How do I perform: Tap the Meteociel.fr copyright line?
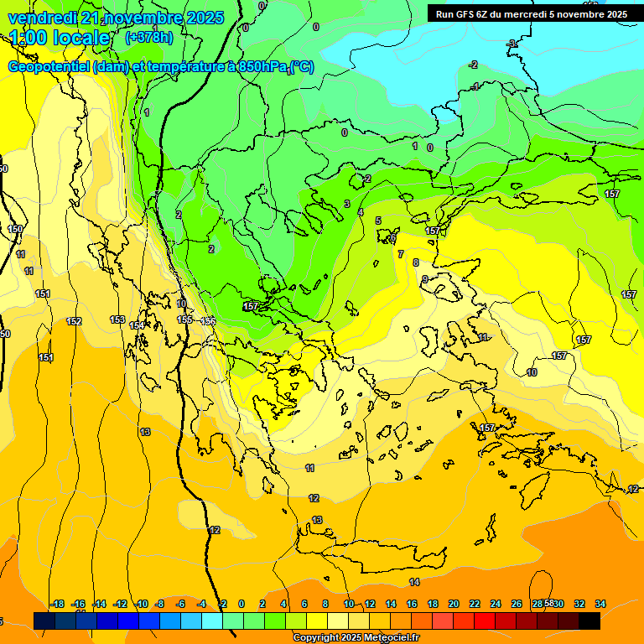[x=356, y=638]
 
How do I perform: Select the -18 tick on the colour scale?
[x=57, y=604]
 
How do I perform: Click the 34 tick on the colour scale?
[x=600, y=604]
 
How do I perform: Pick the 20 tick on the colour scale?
[x=453, y=604]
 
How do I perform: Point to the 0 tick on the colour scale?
[x=241, y=604]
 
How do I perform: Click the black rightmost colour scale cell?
[x=589, y=621]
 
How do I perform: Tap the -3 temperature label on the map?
[x=512, y=43]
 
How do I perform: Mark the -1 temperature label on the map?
[x=475, y=86]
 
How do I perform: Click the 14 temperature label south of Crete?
[x=414, y=582]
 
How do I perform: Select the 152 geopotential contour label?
[x=74, y=321]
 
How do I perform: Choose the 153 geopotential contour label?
[x=117, y=319]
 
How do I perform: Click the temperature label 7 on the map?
[x=401, y=254]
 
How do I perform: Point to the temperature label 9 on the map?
[x=425, y=279]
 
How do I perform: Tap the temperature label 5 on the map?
[x=378, y=221]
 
